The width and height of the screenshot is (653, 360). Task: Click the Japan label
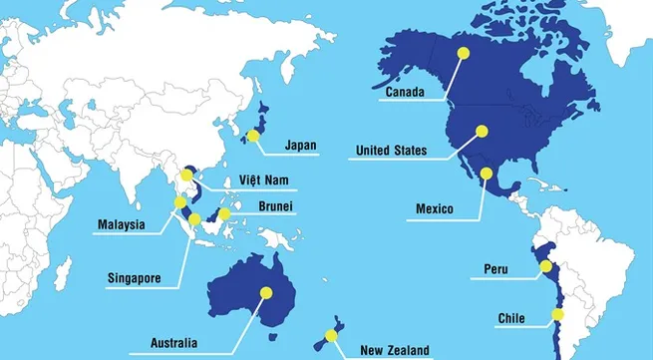coord(300,146)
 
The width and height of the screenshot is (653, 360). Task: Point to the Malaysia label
coord(122,224)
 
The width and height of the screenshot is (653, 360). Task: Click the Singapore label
coord(132,277)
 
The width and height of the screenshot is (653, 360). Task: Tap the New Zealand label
coord(395,349)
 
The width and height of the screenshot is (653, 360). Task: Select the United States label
coord(392,152)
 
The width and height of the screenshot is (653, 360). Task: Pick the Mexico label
coord(435,209)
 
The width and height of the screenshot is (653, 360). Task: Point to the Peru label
coord(496,269)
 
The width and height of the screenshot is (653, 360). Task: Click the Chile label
coord(511,319)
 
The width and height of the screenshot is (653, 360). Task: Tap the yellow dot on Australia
coord(266,292)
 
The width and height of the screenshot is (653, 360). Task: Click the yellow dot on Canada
coord(462,52)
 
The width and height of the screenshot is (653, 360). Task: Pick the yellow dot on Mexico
coord(487,173)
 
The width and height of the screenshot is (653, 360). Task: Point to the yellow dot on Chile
coord(558,316)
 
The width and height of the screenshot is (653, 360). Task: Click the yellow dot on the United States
coord(483,130)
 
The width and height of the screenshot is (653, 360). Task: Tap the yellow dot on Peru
coord(544,266)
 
